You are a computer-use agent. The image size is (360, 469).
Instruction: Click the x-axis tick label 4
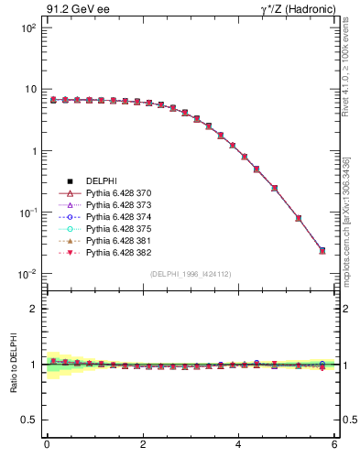click(238, 445)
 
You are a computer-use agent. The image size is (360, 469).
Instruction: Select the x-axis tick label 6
click(334, 445)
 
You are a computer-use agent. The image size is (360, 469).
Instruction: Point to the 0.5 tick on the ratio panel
click(28, 420)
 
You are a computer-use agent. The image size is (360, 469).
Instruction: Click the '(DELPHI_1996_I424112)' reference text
click(189, 273)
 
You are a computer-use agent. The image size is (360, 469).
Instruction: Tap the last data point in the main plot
click(322, 250)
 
